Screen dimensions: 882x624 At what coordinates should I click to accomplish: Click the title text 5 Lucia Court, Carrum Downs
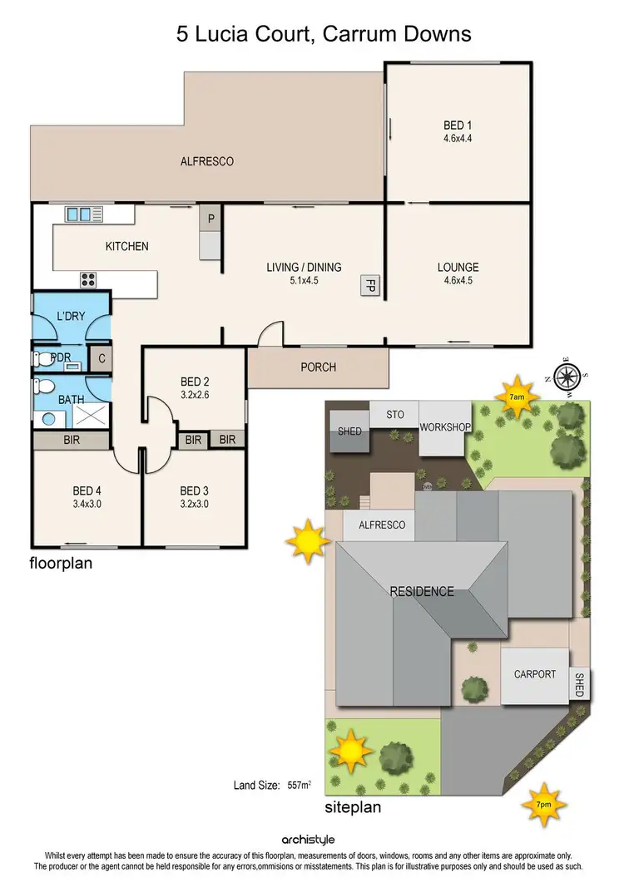324,34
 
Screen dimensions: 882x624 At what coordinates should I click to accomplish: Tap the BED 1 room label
458,126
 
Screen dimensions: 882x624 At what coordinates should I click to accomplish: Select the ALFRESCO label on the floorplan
207,161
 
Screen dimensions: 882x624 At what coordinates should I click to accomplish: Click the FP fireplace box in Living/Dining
369,287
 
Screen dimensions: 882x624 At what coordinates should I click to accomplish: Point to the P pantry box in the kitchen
211,219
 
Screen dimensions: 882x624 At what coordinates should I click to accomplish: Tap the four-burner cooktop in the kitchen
88,279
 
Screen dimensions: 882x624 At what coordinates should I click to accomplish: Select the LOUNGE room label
458,268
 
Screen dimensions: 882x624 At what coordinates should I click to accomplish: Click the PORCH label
319,367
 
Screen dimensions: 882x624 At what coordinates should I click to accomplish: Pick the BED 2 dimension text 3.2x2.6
194,395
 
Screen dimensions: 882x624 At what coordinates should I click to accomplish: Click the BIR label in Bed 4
72,441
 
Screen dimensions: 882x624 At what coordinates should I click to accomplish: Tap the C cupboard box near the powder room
101,359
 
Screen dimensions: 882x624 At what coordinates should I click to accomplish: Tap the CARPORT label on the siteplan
534,674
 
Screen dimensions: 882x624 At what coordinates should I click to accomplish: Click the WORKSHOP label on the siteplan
445,427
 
